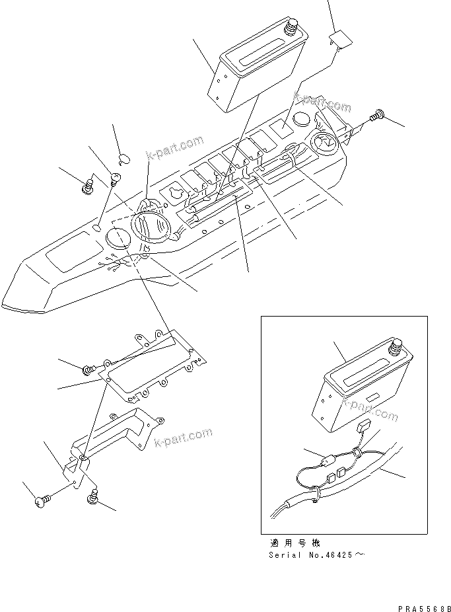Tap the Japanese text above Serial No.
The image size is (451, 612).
point(295,543)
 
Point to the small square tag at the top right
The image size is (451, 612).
point(341,40)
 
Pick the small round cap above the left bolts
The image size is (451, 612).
point(123,157)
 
